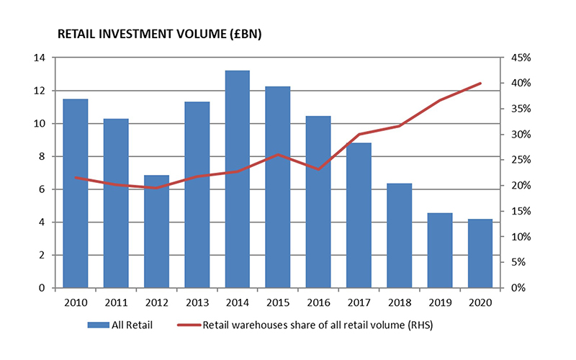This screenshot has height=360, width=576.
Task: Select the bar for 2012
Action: click(156, 231)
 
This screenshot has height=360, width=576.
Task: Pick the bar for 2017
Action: click(359, 215)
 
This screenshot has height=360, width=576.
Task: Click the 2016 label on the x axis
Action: click(318, 303)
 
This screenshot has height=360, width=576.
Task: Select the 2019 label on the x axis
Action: click(440, 303)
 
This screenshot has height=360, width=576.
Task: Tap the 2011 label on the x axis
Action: click(115, 303)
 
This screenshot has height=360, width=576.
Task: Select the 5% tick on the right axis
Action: click(518, 263)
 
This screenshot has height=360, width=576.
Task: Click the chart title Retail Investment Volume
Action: click(130, 34)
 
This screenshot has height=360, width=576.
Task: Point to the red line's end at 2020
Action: click(480, 84)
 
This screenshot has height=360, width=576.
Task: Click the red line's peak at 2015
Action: click(278, 155)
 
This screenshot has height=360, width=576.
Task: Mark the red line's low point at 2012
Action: click(156, 188)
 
